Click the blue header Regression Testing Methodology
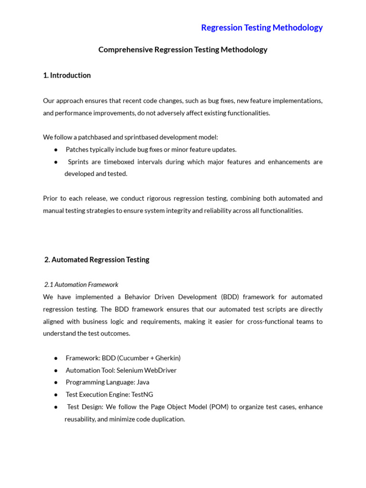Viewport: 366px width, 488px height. pos(262,28)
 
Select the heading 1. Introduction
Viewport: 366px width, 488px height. pos(67,75)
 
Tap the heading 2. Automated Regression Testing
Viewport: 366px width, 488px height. pos(97,260)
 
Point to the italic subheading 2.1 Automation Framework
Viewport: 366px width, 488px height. pos(81,285)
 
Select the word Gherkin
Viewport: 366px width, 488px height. pos(166,358)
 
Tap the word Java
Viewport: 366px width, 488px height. pos(142,382)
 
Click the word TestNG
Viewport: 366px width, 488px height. pos(142,395)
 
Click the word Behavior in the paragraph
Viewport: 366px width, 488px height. pos(137,297)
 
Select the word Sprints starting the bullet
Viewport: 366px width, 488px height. pos(78,162)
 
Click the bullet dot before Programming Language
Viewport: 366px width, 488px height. pos(56,383)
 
